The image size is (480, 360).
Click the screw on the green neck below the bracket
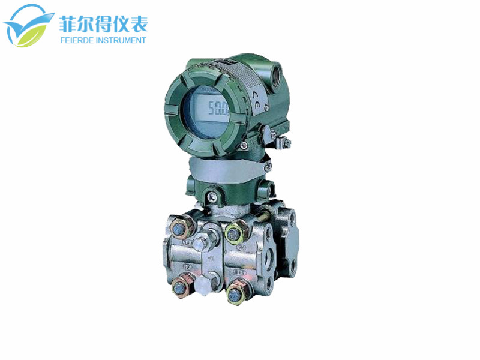click(212, 194)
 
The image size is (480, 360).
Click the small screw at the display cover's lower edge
click(244, 146)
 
